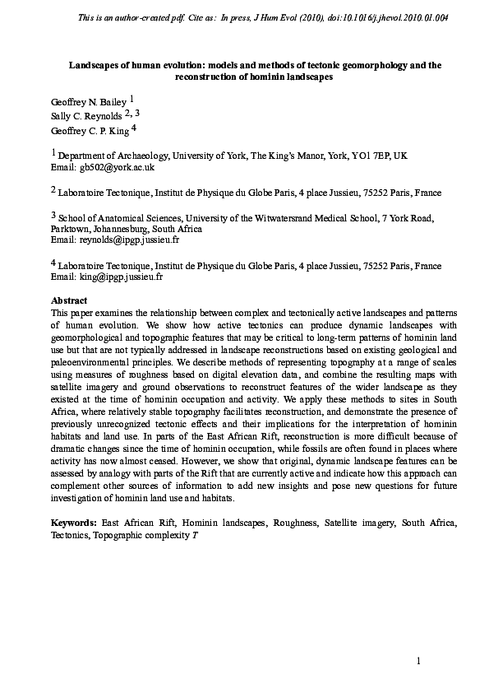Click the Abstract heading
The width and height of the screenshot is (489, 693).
click(x=69, y=301)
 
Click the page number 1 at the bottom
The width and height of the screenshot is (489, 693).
click(x=417, y=661)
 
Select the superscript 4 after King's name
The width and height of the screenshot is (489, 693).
click(x=134, y=128)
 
